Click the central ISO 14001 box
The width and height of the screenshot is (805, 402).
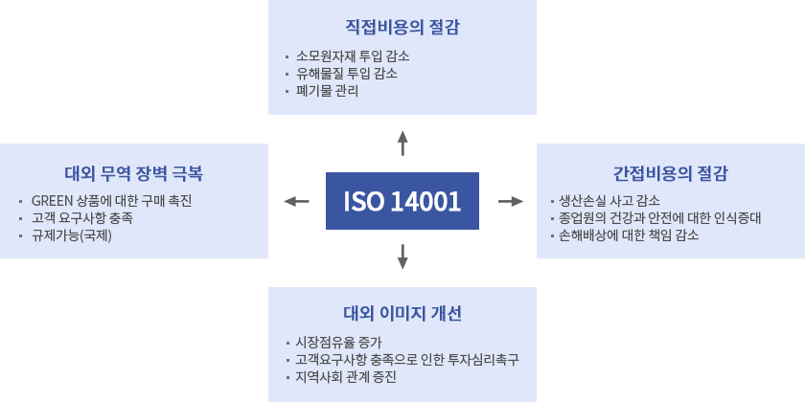(402, 201)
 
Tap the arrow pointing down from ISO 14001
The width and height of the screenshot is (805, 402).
(402, 257)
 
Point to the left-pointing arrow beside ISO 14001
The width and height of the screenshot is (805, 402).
(297, 201)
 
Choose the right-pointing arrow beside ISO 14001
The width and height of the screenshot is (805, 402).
(511, 201)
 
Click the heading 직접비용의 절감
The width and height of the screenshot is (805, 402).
(402, 28)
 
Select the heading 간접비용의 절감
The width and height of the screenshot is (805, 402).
(670, 174)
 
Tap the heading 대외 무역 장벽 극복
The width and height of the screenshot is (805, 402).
(133, 174)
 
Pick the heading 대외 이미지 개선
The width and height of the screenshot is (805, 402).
(402, 314)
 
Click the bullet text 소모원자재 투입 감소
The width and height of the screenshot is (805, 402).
(354, 56)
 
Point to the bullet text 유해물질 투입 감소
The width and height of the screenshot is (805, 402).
(347, 73)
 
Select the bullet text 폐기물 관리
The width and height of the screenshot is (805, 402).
(328, 91)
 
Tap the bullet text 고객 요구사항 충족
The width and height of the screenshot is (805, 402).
(82, 218)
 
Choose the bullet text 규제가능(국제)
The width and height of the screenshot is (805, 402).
(72, 235)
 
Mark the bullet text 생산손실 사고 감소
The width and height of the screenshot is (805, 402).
(609, 200)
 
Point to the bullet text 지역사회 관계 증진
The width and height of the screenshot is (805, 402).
(346, 376)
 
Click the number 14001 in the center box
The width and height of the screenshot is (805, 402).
(425, 201)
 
